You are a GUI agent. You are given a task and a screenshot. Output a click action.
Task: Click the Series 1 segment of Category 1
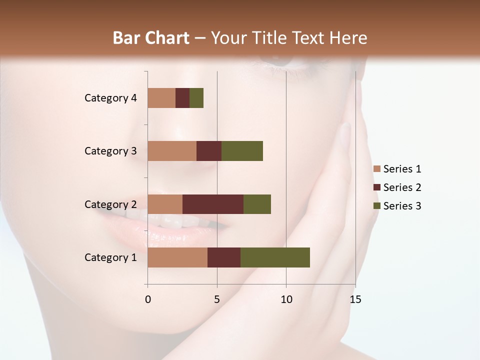(x=177, y=257)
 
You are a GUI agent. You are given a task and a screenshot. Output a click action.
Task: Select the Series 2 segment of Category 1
(x=224, y=257)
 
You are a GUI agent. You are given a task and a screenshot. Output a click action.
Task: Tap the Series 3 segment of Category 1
(x=275, y=257)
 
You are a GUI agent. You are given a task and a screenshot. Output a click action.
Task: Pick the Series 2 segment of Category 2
(x=213, y=204)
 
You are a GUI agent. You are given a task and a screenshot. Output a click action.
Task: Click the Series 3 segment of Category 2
(x=257, y=204)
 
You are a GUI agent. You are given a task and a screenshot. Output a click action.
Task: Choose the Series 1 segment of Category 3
(x=172, y=151)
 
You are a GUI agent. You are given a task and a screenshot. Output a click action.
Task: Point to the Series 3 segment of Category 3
(x=242, y=151)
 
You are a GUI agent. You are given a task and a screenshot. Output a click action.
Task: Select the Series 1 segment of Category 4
(x=161, y=98)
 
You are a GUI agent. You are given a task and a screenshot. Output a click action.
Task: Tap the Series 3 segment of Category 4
(x=196, y=98)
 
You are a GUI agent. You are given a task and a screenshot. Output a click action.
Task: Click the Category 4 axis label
(x=110, y=98)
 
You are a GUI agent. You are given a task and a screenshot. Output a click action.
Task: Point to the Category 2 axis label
(x=110, y=204)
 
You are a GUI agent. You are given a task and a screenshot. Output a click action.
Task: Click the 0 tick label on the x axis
(x=148, y=299)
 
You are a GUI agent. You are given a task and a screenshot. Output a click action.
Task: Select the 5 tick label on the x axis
(x=217, y=299)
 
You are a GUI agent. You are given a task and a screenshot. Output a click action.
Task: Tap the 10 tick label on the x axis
(x=286, y=299)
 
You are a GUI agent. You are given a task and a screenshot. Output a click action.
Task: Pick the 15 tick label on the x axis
(x=355, y=299)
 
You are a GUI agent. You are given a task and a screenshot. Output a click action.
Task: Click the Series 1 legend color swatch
(x=377, y=169)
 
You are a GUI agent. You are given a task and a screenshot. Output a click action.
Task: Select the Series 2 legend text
(x=402, y=187)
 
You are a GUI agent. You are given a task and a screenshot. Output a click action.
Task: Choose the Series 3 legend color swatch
(x=377, y=206)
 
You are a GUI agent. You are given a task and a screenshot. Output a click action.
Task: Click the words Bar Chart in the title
(x=151, y=38)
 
